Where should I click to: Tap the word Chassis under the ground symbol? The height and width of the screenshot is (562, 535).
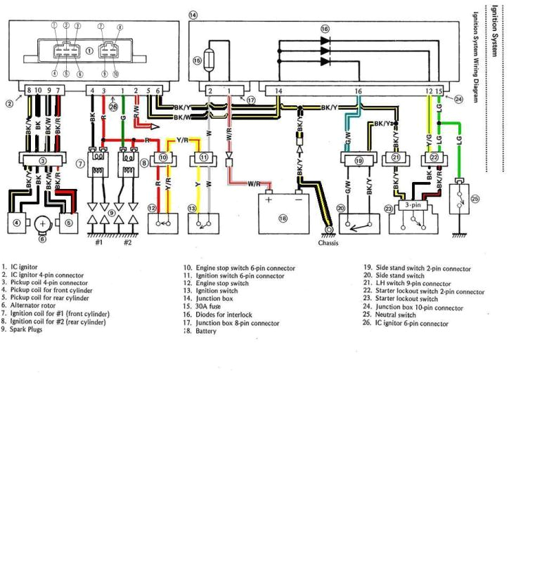[x=328, y=243]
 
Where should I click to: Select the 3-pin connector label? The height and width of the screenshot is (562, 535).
[x=412, y=206]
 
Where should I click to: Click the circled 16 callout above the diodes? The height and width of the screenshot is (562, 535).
[x=324, y=28]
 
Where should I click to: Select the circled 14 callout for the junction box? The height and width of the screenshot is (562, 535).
[x=193, y=14]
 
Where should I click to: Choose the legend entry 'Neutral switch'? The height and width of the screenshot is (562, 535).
[x=394, y=316]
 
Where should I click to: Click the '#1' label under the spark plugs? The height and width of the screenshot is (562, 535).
[x=98, y=242]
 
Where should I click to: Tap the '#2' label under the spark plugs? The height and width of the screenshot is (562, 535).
[x=129, y=242]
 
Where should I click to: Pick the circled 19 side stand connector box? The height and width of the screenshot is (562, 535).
[x=359, y=161]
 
